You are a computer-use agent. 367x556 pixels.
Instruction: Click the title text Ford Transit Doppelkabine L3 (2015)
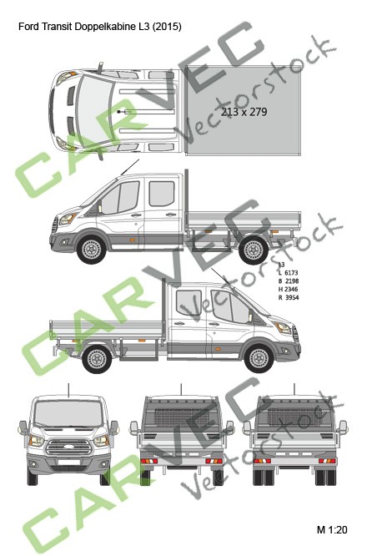click(x=99, y=27)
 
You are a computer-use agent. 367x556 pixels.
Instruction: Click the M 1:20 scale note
click(x=331, y=529)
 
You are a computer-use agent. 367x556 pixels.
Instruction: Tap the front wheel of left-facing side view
click(x=90, y=248)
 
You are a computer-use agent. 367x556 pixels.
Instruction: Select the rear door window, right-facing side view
click(x=191, y=308)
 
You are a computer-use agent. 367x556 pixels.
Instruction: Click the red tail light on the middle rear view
click(x=148, y=460)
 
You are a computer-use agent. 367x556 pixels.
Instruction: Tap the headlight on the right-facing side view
click(x=286, y=328)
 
